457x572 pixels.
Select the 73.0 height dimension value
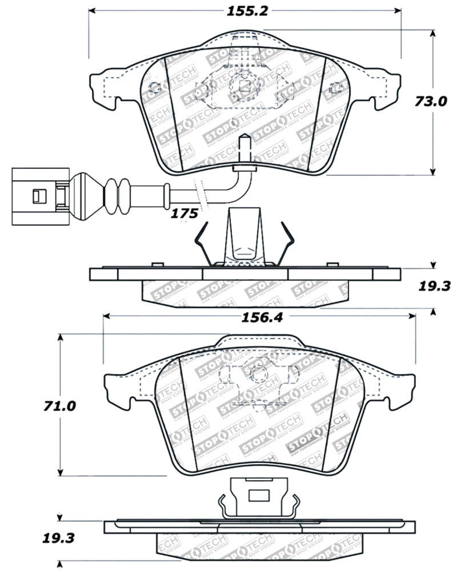431,102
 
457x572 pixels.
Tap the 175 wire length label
185,214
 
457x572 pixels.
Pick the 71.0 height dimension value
59,406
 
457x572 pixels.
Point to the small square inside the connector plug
37,196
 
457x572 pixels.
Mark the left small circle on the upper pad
153,88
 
